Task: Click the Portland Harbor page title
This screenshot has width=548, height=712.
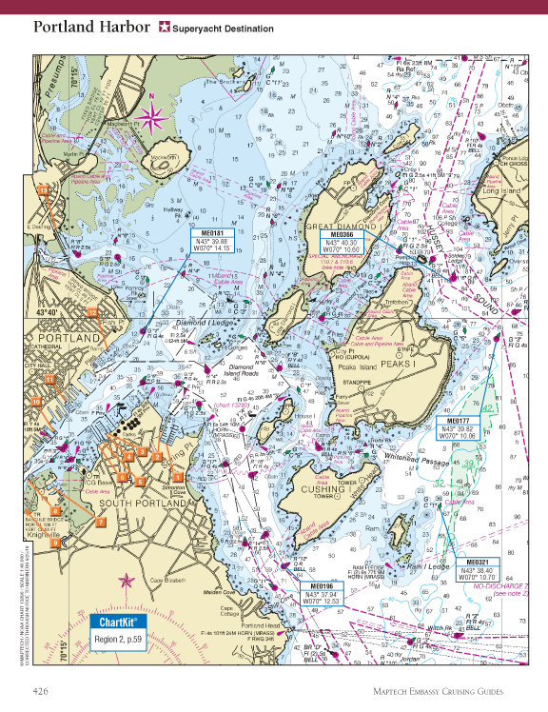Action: (x=90, y=27)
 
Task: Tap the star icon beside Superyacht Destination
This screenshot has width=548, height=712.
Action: (x=164, y=28)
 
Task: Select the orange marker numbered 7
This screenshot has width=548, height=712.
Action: (x=101, y=521)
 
